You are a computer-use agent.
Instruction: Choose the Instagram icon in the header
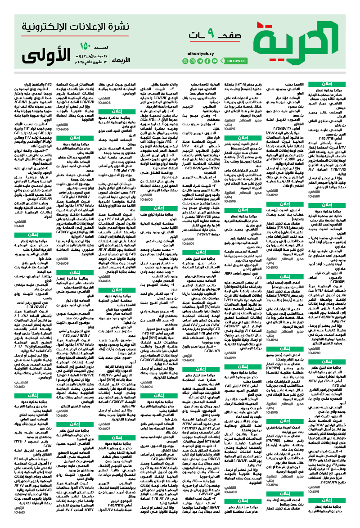pyautogui.click(x=192, y=61)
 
